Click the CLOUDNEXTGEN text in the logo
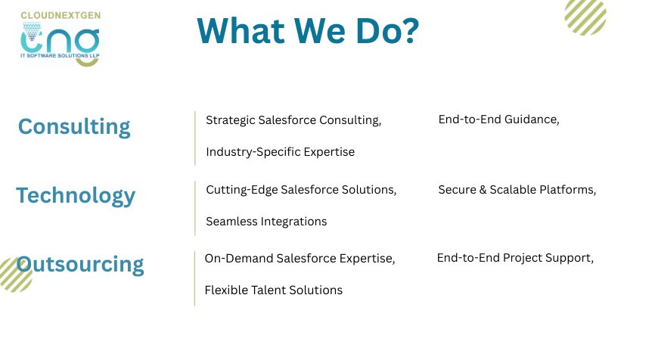(x=61, y=15)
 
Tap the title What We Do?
(x=308, y=30)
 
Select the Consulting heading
(x=74, y=126)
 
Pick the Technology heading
(x=76, y=196)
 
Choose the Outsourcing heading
(x=79, y=264)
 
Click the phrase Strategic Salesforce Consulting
(x=293, y=120)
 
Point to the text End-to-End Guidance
(x=498, y=119)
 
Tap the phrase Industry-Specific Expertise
(x=281, y=152)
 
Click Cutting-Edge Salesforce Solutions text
(x=300, y=190)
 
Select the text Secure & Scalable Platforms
(x=517, y=190)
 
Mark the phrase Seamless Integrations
(x=266, y=222)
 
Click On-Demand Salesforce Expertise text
(x=299, y=259)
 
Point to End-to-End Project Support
(x=514, y=258)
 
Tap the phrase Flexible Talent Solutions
(x=274, y=290)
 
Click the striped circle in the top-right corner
(x=585, y=16)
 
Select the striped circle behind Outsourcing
(x=16, y=275)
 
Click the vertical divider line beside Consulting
(x=195, y=138)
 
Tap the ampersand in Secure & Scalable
(x=483, y=190)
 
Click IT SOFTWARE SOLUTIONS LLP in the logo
(x=61, y=55)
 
